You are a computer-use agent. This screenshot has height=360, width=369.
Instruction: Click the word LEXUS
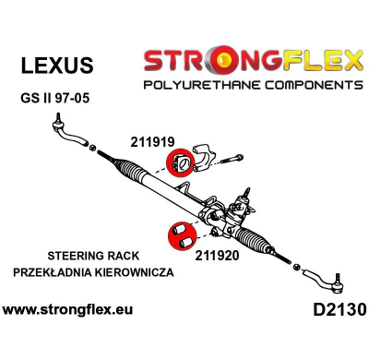[56, 65]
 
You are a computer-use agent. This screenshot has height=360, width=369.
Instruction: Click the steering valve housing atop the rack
[247, 204]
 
